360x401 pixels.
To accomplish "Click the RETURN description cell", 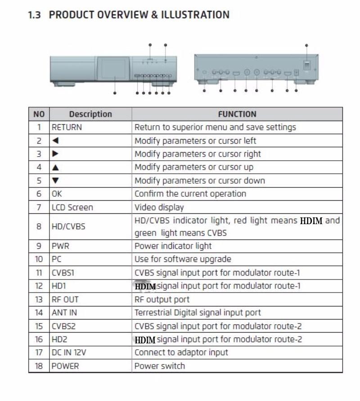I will pyautogui.click(x=67, y=127).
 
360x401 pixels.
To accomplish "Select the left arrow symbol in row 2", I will pyautogui.click(x=55, y=141).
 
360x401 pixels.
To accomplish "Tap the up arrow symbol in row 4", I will pyautogui.click(x=55, y=167).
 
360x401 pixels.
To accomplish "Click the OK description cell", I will pyautogui.click(x=57, y=194).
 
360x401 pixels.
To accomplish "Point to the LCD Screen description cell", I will pyautogui.click(x=72, y=207).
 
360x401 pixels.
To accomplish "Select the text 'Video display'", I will pyautogui.click(x=159, y=207).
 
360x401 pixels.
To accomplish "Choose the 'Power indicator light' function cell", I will pyautogui.click(x=173, y=246).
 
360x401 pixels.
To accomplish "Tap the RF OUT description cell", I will pyautogui.click(x=65, y=299).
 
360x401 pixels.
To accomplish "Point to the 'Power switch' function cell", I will pyautogui.click(x=159, y=366).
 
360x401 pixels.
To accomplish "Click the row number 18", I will pyautogui.click(x=39, y=366).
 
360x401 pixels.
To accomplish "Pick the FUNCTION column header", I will pyautogui.click(x=237, y=114).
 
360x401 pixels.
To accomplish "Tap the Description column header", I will pyautogui.click(x=90, y=114).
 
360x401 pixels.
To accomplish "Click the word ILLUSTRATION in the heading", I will pyautogui.click(x=195, y=15).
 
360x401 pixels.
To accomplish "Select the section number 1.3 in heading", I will pyautogui.click(x=34, y=15).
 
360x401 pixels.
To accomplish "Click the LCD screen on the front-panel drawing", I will pyautogui.click(x=114, y=68).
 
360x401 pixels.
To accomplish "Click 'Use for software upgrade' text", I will pyautogui.click(x=182, y=259).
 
